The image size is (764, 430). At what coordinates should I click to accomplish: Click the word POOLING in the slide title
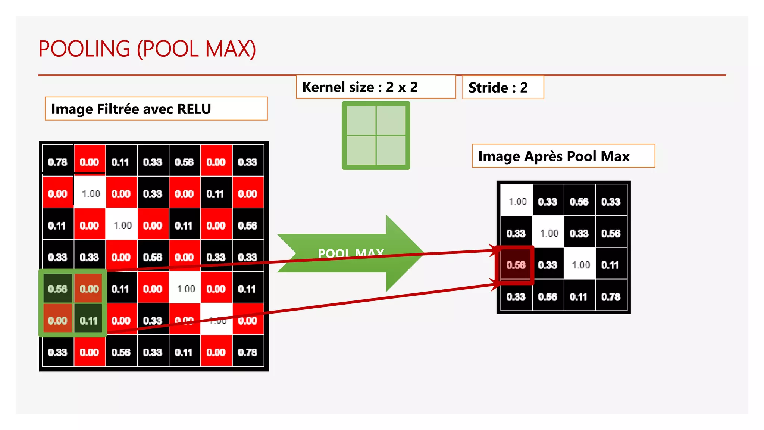coord(84,49)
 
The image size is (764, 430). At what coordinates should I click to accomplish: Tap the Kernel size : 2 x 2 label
coord(360,87)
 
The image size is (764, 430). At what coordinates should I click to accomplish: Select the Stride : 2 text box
coord(498,88)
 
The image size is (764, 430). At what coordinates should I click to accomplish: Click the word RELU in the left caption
coord(194,109)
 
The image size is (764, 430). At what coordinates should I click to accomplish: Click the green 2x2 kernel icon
coord(376,135)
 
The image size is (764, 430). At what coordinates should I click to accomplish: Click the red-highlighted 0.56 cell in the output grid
coord(516,265)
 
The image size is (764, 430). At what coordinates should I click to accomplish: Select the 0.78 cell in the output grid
coord(611,297)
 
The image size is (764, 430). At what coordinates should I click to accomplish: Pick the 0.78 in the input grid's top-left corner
coord(57,162)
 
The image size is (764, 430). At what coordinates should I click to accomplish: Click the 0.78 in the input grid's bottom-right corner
coord(248,352)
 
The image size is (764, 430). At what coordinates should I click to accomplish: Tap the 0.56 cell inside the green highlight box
coord(57,289)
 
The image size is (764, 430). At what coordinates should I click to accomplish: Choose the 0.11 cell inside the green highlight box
coord(89,321)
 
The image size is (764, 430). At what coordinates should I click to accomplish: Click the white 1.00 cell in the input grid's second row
coord(91,194)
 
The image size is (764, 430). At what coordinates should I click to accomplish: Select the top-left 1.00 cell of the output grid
coord(517,202)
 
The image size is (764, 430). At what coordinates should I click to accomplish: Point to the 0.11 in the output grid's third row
coord(610,265)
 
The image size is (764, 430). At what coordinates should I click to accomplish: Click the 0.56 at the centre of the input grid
coord(153,257)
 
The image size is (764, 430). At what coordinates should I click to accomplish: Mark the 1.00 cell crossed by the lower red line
coord(217,320)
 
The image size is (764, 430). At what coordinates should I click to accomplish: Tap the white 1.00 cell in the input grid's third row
coord(122,225)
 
